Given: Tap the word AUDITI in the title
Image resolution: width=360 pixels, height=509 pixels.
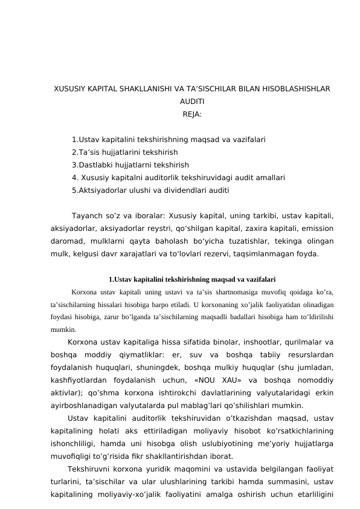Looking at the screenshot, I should click(192, 102).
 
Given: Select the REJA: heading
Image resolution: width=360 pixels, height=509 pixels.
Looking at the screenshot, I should click(192, 114).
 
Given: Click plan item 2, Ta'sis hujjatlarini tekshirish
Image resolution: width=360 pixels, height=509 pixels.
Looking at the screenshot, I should click(124, 152).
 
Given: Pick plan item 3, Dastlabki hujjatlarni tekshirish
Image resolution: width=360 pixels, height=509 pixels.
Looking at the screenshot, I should click(130, 164).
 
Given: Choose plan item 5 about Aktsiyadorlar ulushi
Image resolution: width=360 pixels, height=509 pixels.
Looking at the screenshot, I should click(150, 190).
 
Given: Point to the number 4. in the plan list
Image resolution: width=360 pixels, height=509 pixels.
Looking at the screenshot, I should click(75, 177).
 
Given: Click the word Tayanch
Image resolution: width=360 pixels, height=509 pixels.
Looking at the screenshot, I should click(88, 216).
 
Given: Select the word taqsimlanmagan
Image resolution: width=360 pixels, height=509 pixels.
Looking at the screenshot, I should click(274, 254).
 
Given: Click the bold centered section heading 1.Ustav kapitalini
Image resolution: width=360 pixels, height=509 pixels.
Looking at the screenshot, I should click(192, 279).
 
